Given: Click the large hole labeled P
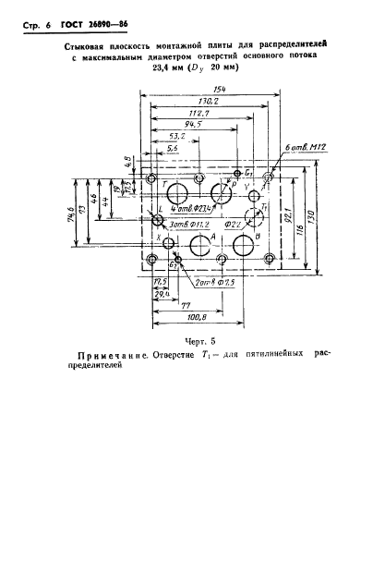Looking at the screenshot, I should [x=220, y=193].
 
